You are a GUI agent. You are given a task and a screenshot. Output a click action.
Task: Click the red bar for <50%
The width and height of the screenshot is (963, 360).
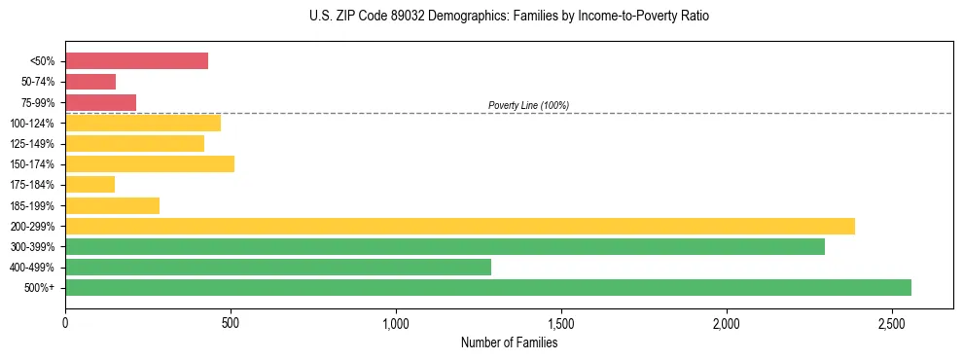(x=136, y=61)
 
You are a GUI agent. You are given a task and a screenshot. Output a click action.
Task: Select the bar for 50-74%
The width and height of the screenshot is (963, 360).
(x=90, y=82)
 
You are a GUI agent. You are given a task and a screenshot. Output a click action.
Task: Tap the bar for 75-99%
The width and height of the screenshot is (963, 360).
(x=100, y=102)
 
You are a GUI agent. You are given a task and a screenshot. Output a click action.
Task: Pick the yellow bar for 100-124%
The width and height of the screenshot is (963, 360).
(x=143, y=123)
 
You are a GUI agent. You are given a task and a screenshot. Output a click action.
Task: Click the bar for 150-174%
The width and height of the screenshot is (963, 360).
(x=150, y=163)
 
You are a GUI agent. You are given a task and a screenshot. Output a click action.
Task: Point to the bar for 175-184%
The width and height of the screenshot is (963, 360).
(x=89, y=184)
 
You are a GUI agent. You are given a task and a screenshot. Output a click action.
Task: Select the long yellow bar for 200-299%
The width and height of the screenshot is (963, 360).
(x=460, y=226)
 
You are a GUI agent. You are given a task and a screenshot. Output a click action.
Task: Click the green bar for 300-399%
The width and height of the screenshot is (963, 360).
(x=445, y=246)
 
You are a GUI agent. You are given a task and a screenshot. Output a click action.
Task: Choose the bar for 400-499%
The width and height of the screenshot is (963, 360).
(x=278, y=267)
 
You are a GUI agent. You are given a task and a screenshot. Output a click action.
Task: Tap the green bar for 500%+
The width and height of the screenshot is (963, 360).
(x=488, y=287)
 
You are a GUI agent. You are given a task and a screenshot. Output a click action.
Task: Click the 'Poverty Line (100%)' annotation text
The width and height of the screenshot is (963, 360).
(x=528, y=105)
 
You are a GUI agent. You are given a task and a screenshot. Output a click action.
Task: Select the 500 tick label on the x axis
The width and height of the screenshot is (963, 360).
(x=231, y=322)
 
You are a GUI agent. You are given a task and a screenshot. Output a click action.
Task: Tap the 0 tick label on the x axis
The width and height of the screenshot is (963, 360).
(x=65, y=322)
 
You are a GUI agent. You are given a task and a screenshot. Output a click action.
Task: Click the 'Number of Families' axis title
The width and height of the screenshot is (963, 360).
(x=509, y=342)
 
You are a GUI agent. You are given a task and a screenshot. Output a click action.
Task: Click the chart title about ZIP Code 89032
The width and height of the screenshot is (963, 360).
(x=509, y=18)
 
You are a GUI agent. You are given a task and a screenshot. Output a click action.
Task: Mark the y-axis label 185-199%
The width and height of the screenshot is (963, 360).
(x=32, y=205)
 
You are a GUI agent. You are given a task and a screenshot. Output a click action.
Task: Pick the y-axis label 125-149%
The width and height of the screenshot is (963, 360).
(x=32, y=144)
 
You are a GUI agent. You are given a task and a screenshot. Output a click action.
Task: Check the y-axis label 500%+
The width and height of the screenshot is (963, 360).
(x=39, y=288)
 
